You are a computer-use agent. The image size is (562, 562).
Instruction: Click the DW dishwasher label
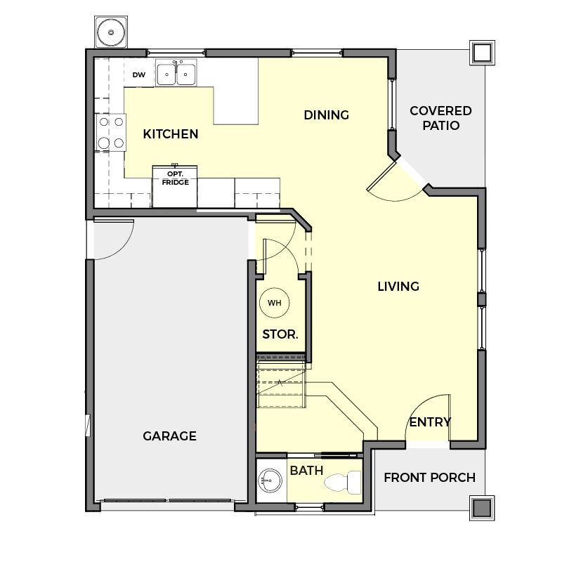click(139, 75)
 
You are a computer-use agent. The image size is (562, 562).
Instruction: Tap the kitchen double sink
click(176, 74)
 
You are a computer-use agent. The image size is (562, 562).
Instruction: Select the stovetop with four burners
click(111, 133)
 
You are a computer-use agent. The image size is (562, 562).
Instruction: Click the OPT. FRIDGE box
click(175, 186)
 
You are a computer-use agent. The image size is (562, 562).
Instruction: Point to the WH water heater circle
click(275, 303)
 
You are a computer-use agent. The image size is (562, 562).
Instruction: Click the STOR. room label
click(280, 334)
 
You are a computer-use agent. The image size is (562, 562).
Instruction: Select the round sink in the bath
click(270, 481)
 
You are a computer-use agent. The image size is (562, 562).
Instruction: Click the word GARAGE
click(169, 436)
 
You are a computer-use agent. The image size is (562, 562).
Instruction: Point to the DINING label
click(327, 115)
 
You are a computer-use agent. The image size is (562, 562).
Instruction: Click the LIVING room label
click(398, 287)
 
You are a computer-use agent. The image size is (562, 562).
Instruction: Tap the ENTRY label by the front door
click(430, 422)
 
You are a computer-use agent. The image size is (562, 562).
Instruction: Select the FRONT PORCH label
click(430, 478)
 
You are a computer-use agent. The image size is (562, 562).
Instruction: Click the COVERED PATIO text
click(441, 118)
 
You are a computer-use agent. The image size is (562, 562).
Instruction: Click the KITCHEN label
click(171, 134)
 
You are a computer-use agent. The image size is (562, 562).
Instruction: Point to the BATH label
click(306, 470)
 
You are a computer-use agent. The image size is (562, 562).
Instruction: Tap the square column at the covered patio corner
click(482, 53)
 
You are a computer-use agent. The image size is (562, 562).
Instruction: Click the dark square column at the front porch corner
click(482, 508)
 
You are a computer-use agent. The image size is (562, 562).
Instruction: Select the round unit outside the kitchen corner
click(111, 32)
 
